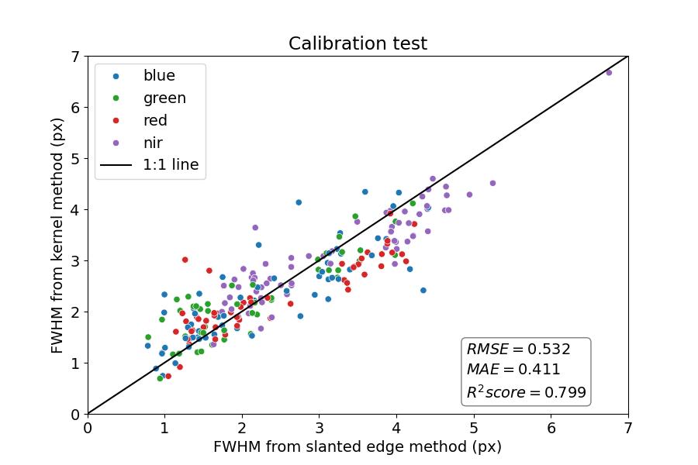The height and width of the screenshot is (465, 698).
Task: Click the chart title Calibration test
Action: (358, 43)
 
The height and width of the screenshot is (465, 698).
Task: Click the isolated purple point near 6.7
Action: (609, 72)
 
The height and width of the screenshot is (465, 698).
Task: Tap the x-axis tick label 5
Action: (474, 428)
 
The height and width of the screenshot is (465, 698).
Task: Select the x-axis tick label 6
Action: (551, 428)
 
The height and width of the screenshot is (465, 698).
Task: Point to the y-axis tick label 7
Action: (75, 57)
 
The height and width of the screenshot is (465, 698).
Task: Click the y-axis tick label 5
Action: (75, 159)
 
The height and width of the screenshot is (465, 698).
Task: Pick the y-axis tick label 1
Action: (75, 363)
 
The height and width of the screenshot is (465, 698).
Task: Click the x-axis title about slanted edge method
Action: (358, 447)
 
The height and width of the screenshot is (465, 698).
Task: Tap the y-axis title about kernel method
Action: (57, 235)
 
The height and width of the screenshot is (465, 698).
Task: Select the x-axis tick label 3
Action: (319, 428)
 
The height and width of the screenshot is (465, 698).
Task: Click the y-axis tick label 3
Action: (75, 260)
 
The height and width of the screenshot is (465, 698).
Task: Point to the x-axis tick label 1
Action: (164, 428)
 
